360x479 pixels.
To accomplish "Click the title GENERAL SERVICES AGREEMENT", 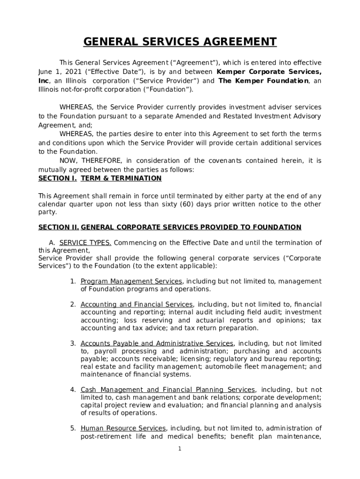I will tap(180, 42).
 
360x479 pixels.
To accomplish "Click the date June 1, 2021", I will tap(55, 72).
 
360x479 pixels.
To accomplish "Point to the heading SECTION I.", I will tap(58, 178).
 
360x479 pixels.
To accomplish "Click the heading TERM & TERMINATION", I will tap(121, 178).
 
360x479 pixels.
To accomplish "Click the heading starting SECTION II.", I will tap(170, 227).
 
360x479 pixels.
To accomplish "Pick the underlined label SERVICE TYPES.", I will tap(85, 243).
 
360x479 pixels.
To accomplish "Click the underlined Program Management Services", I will tap(131, 281).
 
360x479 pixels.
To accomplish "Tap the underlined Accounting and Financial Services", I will tap(137, 305).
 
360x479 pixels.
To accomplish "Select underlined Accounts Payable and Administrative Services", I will tap(157, 343).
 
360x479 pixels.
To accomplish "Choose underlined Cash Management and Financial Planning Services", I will tap(168, 390).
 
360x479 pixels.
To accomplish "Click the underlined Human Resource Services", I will tap(123, 428).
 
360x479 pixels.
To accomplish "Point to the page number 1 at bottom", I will tap(180, 449).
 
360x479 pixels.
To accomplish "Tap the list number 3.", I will tap(73, 343).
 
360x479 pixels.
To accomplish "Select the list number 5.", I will tap(73, 428).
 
